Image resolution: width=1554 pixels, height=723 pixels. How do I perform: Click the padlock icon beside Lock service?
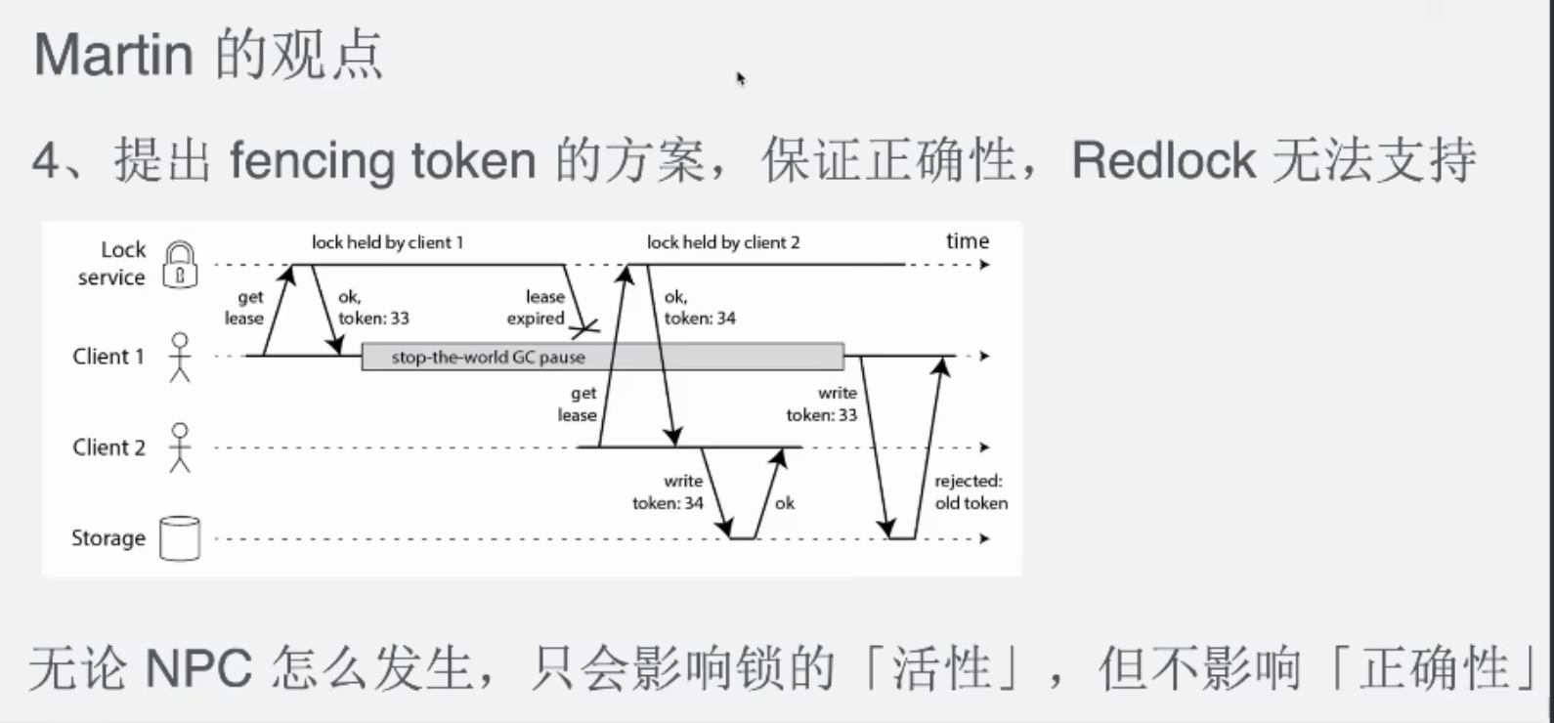pos(180,264)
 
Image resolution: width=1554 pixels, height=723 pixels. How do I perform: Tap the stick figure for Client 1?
pos(181,357)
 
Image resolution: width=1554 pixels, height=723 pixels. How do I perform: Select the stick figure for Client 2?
pos(181,447)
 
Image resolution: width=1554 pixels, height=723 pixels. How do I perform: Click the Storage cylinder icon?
pos(181,538)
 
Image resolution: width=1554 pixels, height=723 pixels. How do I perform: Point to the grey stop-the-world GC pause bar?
pos(603,357)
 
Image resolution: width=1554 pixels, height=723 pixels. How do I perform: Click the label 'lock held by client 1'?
pos(387,242)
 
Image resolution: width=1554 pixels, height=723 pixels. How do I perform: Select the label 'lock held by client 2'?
pos(723,242)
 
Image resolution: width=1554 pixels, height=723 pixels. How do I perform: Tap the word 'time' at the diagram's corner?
pos(967,240)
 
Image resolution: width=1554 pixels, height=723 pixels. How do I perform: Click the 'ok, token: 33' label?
pos(373,307)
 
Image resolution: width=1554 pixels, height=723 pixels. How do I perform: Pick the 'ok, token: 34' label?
pos(700,307)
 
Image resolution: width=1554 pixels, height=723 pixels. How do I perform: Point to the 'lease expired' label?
pos(536,307)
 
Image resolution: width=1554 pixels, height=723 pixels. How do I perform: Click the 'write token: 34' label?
pos(668,491)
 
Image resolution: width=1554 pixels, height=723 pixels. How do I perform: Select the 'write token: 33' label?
pos(821,404)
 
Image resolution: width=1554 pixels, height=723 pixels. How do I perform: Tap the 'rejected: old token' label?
pos(971,491)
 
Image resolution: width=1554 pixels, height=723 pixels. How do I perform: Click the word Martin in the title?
pos(113,55)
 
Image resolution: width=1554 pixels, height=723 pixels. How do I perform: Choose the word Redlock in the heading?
pos(1163,161)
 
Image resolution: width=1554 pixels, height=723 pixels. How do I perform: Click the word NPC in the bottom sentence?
pos(198,669)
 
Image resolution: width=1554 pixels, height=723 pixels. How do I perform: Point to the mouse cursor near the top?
pos(740,78)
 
